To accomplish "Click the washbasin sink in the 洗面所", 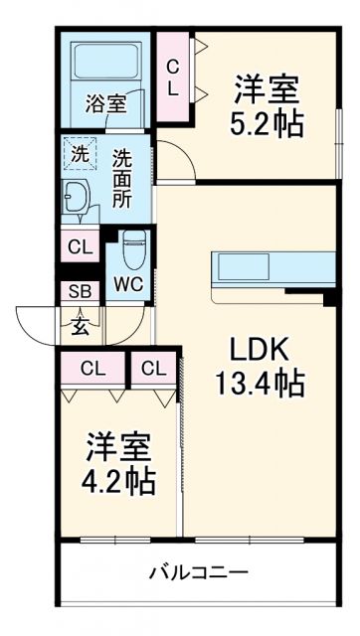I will (77, 202).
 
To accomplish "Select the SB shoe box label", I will (78, 292).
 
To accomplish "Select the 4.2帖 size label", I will (116, 482).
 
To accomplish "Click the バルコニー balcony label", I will (198, 572).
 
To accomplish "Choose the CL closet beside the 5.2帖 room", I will (173, 78).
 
